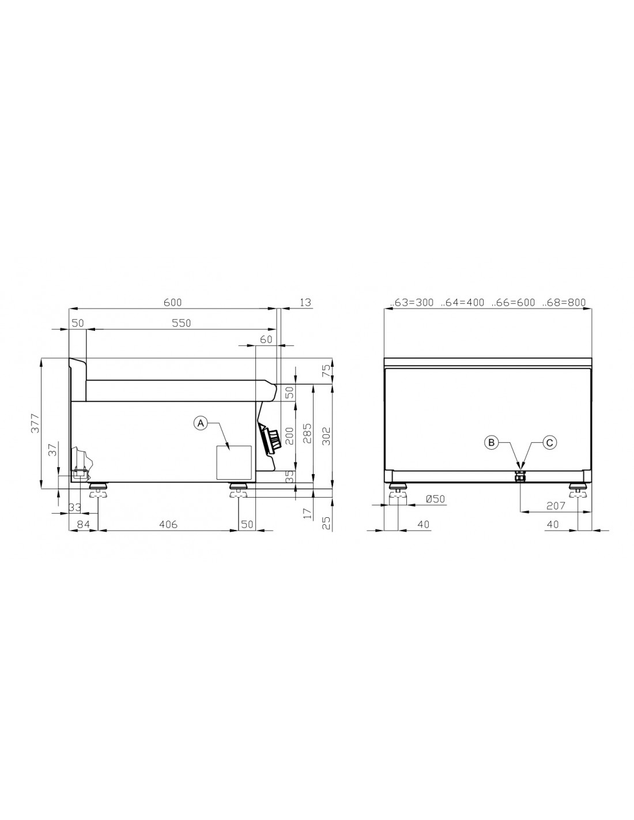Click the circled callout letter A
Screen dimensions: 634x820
(x=201, y=423)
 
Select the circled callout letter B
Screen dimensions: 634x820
(x=491, y=442)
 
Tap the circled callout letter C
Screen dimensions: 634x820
(x=549, y=442)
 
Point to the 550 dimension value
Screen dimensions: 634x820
(x=182, y=323)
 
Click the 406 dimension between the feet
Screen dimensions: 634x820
(x=168, y=524)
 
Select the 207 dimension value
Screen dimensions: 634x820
(x=556, y=506)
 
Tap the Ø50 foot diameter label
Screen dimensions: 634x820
(x=435, y=499)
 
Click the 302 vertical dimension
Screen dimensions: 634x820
(x=326, y=436)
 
